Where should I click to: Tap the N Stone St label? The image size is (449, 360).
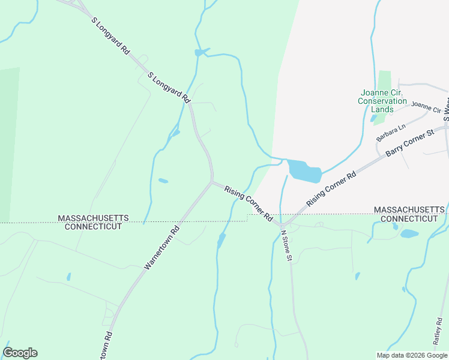click(x=286, y=245)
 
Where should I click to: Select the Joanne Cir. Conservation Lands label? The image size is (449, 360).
click(x=382, y=101)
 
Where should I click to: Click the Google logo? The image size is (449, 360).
click(x=20, y=353)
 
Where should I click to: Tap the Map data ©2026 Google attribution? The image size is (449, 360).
click(x=412, y=355)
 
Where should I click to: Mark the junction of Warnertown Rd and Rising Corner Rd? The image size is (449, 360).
click(x=211, y=182)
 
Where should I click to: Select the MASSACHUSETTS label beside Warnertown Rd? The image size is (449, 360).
click(x=93, y=218)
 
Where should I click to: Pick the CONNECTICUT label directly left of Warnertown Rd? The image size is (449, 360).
click(x=93, y=227)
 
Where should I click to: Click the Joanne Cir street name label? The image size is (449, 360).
click(x=426, y=108)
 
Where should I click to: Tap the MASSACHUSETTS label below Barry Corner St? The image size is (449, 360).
click(x=410, y=209)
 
